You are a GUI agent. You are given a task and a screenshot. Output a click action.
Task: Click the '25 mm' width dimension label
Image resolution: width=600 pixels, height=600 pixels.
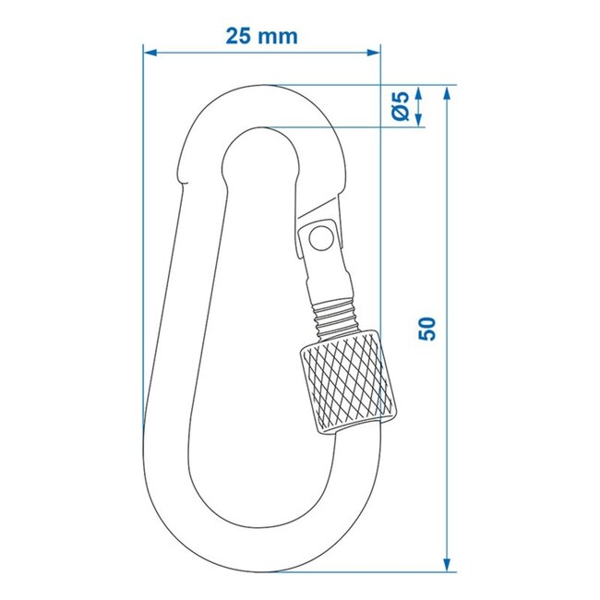[261, 36]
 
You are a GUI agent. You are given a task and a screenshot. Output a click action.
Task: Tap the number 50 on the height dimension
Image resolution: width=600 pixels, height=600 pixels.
[427, 329]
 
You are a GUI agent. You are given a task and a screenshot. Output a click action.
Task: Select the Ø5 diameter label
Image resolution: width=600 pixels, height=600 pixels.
[400, 106]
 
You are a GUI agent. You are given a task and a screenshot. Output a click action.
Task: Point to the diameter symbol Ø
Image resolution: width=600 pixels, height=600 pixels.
[400, 114]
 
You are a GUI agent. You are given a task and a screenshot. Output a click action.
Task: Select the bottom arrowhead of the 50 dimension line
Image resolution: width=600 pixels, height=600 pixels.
[448, 564]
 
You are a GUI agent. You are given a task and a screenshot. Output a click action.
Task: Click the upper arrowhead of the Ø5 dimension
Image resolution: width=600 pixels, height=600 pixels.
[418, 93]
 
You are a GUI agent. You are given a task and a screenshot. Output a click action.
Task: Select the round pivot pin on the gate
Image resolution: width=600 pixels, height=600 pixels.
[320, 239]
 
